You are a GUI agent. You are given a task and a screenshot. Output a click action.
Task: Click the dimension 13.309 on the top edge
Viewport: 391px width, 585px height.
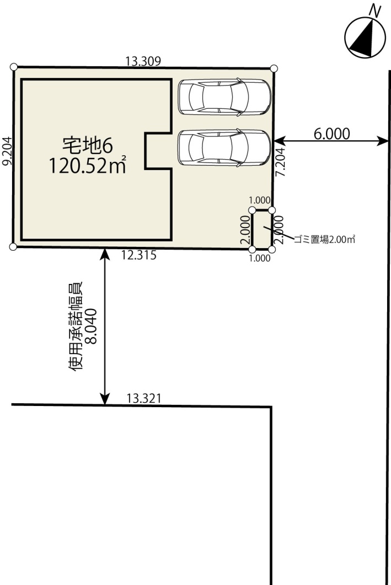click(143, 61)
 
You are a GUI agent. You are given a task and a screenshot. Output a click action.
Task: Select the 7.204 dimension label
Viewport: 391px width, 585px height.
click(280, 162)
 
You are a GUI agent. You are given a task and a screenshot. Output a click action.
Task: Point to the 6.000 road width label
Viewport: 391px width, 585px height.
click(332, 134)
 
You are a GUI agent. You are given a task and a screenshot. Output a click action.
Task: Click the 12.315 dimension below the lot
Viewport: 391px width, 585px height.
click(138, 255)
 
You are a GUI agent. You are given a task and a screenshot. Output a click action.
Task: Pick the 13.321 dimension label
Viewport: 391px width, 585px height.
click(144, 398)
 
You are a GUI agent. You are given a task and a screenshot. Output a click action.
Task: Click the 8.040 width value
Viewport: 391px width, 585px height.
click(91, 326)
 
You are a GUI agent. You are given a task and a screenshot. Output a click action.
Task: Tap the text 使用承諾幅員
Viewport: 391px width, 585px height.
click(75, 326)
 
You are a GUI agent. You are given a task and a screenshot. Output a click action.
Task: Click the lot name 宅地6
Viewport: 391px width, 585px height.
click(87, 145)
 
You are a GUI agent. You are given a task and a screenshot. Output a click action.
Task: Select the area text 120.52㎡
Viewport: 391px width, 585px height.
click(87, 165)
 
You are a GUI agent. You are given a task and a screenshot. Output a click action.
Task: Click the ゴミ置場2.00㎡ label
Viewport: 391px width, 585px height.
click(324, 239)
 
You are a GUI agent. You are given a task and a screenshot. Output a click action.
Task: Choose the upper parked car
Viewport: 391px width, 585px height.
click(224, 97)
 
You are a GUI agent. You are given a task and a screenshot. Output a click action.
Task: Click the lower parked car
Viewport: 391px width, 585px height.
click(224, 147)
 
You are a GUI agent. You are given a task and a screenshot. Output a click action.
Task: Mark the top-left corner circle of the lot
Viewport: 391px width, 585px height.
click(14, 67)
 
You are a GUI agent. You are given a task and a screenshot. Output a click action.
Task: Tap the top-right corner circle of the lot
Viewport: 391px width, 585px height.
click(274, 68)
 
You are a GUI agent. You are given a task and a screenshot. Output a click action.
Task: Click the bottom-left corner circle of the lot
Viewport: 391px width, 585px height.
click(13, 246)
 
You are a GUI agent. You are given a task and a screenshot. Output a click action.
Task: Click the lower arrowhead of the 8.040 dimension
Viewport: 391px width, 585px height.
click(105, 399)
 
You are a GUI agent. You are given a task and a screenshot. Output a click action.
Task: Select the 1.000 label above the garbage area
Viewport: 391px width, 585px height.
click(260, 201)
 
